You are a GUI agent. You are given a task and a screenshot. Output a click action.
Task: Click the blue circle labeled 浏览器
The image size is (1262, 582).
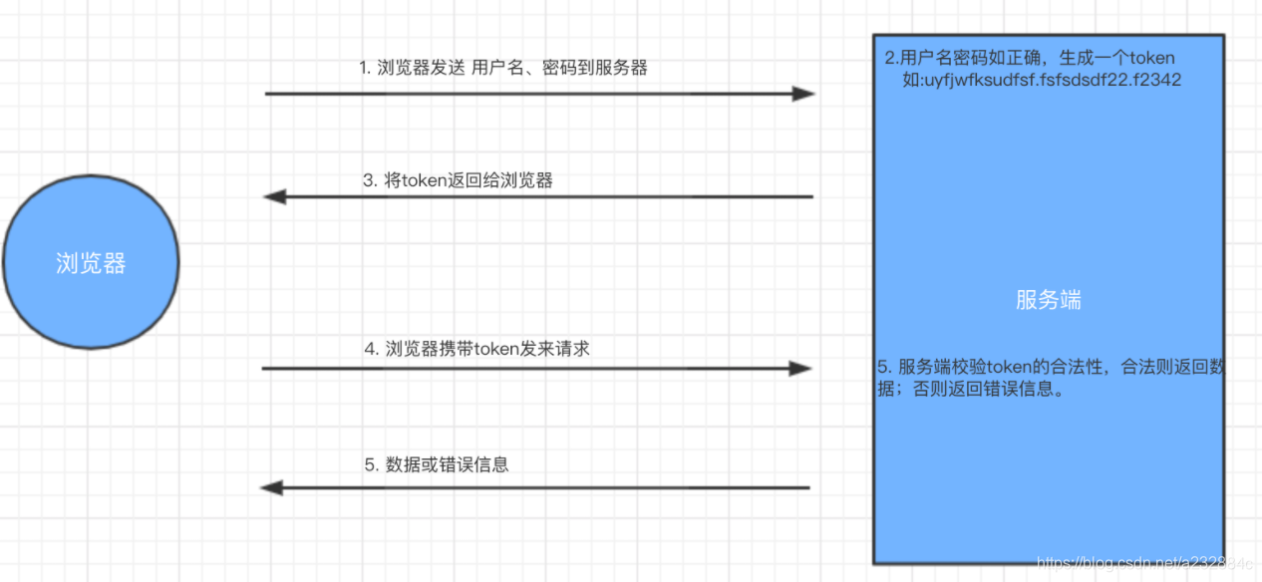(90, 262)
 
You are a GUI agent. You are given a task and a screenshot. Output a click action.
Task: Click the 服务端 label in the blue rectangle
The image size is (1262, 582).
(1049, 300)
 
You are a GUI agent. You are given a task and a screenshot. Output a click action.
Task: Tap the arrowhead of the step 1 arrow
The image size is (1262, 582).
(803, 94)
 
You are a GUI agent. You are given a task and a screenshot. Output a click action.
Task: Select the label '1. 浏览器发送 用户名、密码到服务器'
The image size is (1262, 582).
(503, 68)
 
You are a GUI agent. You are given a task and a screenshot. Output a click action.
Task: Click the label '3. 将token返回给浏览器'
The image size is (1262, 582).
(458, 180)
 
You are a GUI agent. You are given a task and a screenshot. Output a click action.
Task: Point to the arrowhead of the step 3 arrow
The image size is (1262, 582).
(275, 196)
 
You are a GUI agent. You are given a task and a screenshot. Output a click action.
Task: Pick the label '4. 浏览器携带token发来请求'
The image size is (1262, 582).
(476, 349)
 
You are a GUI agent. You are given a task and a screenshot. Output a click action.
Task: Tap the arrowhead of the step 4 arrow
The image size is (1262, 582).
(800, 369)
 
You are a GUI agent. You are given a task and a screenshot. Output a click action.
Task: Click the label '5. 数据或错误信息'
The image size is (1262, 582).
(437, 464)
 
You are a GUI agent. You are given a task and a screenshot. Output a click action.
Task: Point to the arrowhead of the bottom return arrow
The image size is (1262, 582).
(272, 487)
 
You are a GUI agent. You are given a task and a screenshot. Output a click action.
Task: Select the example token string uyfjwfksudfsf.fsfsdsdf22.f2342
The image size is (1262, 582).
(1042, 80)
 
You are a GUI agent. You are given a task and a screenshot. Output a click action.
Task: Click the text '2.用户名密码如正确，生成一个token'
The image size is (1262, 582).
(1030, 58)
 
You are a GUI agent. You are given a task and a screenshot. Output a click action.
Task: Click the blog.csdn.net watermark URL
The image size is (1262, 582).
(1146, 564)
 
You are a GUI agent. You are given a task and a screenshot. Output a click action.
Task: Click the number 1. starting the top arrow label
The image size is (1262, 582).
(365, 68)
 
